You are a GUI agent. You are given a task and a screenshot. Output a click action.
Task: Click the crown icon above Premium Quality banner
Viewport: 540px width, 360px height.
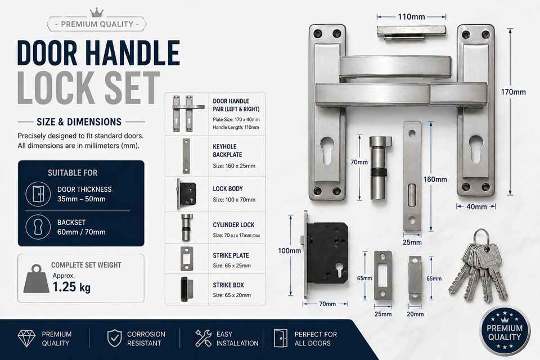(x=97, y=12)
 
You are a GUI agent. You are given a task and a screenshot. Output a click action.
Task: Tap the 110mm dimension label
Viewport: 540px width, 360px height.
(x=411, y=16)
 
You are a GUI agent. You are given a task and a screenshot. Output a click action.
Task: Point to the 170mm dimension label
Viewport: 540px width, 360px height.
(x=513, y=92)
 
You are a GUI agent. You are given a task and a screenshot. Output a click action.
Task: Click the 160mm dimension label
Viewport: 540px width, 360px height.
(x=435, y=179)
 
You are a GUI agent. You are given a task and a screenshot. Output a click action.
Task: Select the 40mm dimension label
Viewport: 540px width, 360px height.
(x=476, y=206)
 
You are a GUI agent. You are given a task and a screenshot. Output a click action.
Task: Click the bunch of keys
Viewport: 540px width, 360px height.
(x=479, y=266)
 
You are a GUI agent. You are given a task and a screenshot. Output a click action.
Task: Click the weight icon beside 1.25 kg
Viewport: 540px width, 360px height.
(x=36, y=278)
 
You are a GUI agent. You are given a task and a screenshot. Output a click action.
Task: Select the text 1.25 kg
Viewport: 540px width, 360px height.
(x=71, y=287)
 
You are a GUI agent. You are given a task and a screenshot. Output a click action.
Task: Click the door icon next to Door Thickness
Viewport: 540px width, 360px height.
(x=38, y=194)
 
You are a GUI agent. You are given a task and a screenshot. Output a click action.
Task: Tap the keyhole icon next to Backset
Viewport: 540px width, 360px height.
(x=38, y=227)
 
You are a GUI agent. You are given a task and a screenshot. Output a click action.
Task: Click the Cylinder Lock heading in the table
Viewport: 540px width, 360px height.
(x=233, y=225)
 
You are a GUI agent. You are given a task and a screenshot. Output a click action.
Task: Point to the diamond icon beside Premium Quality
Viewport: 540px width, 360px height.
(x=26, y=339)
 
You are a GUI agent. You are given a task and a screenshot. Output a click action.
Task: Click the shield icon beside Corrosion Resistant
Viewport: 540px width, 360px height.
(x=114, y=338)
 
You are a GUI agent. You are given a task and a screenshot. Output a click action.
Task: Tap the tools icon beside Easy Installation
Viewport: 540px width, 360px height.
(x=204, y=338)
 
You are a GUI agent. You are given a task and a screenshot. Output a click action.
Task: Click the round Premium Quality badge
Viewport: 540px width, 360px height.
(x=505, y=331)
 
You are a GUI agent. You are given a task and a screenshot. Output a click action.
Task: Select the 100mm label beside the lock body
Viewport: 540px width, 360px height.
(x=289, y=251)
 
